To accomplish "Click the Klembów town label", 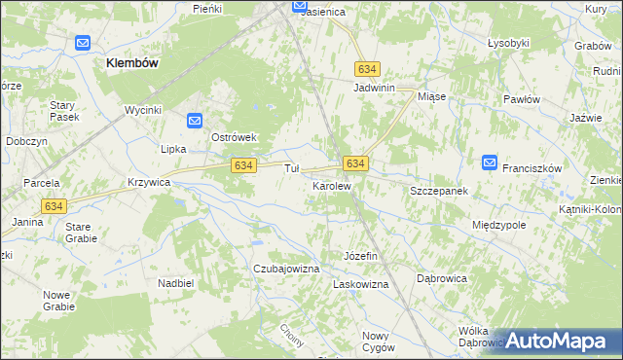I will pos(132,61).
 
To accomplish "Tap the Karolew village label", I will pos(331,185).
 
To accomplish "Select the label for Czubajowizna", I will pos(286,268).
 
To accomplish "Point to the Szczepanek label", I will pos(439,192).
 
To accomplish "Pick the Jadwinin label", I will pos(374,88).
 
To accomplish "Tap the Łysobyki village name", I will pos(508,44).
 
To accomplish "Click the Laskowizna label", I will pos(361,284).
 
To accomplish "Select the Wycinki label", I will pos(142,110).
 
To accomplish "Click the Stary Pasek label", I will pos(64,110).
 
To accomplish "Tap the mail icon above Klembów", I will pos(83,44).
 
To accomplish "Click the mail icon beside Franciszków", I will pos(490,162).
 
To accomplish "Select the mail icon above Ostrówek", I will pos(195,121).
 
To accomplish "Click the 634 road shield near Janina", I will pos(55,205).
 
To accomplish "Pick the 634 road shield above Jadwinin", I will pos(367,70).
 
